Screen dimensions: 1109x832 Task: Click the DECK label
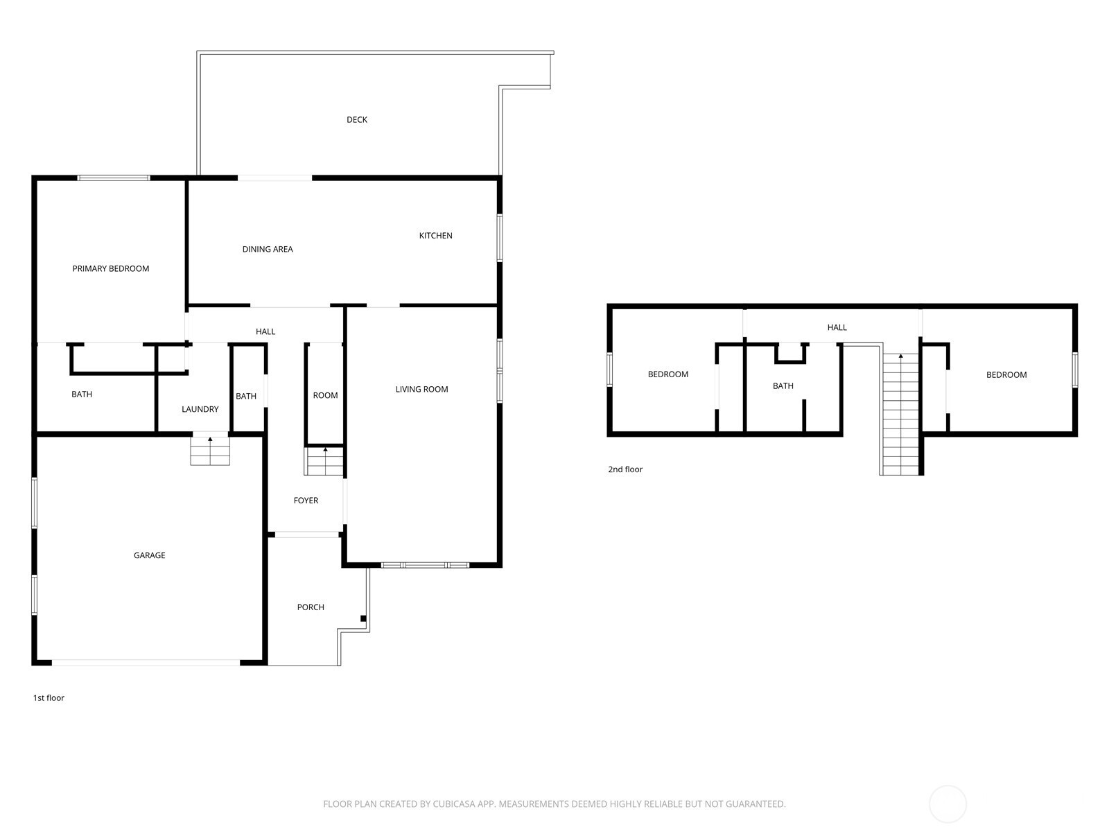(x=357, y=120)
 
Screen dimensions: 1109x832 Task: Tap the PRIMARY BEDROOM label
(x=111, y=269)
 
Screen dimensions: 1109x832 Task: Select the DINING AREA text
(x=268, y=249)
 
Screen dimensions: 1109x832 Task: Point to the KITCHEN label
(x=435, y=236)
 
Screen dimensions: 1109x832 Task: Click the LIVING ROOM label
(x=421, y=389)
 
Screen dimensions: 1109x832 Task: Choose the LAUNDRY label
(x=200, y=409)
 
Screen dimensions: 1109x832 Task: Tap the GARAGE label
(x=150, y=555)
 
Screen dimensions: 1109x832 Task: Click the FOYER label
(x=306, y=500)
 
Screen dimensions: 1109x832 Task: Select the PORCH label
(x=311, y=607)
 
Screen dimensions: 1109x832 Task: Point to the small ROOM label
(x=325, y=395)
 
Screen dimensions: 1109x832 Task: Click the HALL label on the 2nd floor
(x=837, y=327)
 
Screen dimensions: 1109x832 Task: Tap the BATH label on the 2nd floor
(x=783, y=386)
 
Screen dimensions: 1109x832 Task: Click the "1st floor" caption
(x=49, y=697)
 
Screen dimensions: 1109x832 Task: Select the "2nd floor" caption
(x=625, y=469)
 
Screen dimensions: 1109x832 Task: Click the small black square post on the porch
(x=363, y=618)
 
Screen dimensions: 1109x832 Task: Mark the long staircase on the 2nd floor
(x=900, y=414)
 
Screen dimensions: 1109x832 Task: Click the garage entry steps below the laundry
(x=210, y=451)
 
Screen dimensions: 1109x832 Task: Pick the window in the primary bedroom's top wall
(x=114, y=177)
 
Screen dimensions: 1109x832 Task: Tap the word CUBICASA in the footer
(x=452, y=804)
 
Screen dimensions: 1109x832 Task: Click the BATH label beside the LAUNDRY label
(x=246, y=396)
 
